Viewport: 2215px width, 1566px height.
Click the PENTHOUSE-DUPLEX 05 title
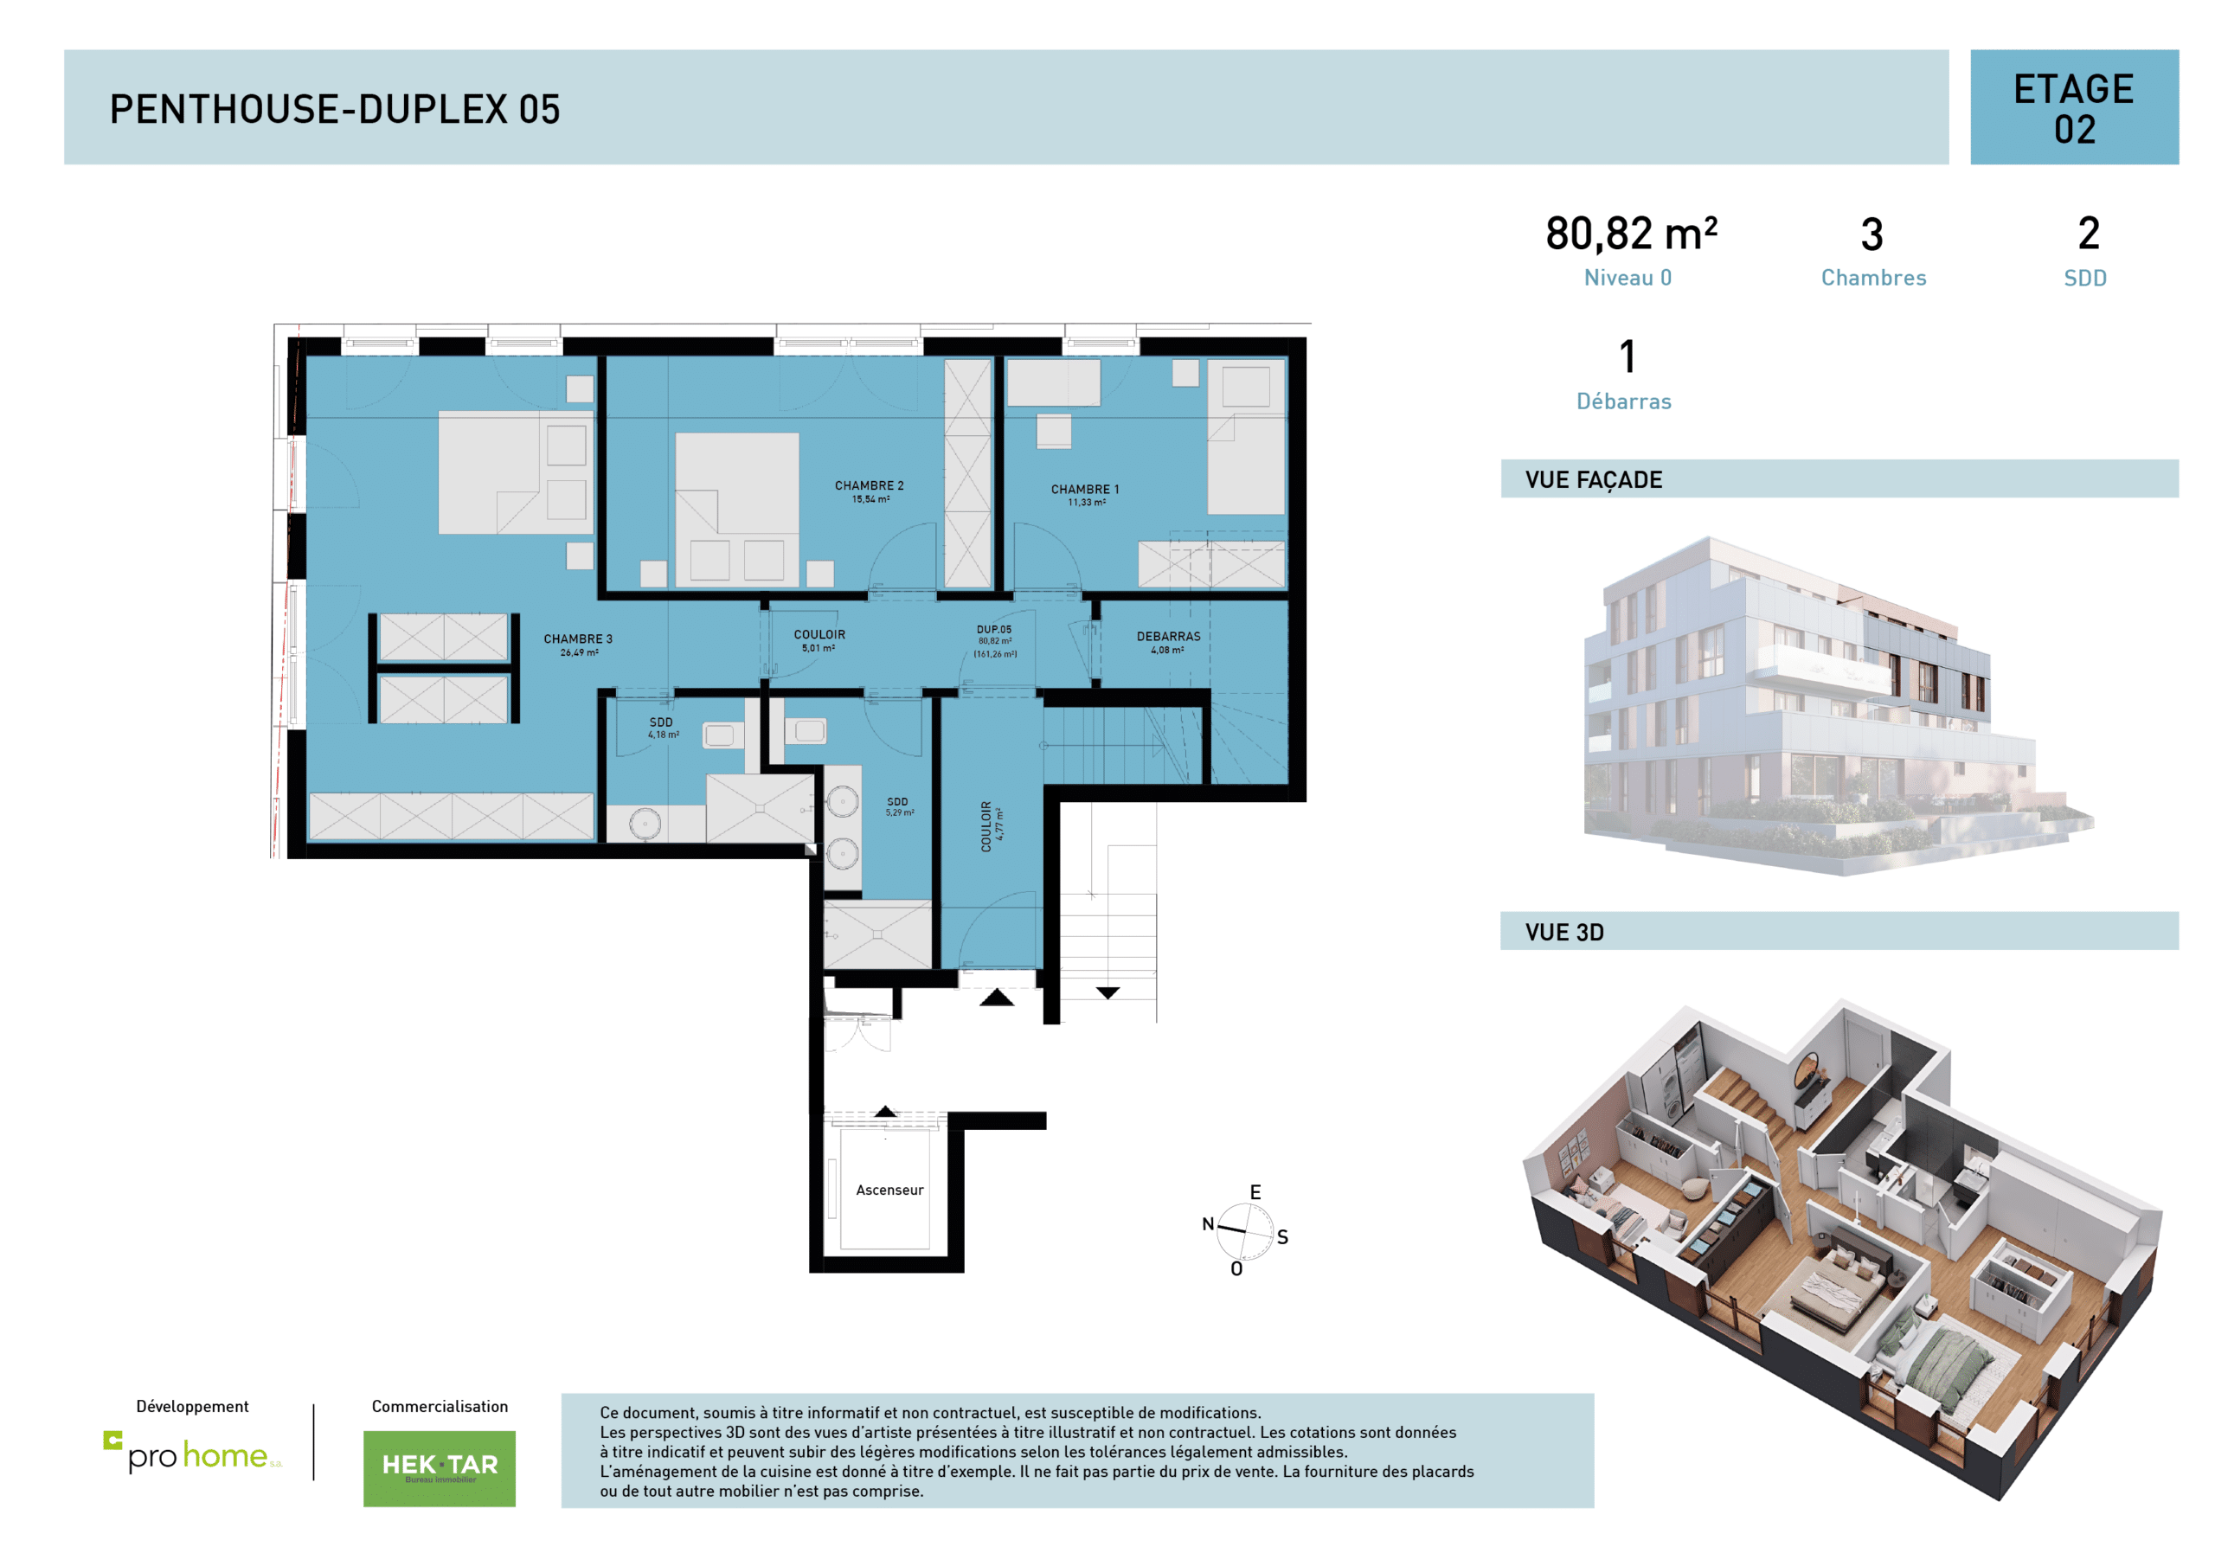click(335, 109)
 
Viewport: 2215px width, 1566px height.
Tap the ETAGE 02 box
click(2073, 108)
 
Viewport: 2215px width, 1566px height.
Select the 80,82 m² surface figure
click(1630, 234)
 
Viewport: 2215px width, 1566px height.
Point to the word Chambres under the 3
click(1872, 278)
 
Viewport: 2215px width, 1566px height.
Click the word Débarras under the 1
click(1624, 401)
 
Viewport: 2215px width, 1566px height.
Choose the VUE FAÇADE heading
click(1594, 479)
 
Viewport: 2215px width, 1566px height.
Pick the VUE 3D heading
click(1563, 932)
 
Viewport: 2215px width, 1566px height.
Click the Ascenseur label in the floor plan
click(889, 1190)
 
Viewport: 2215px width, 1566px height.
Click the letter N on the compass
click(1207, 1223)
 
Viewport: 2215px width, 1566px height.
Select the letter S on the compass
click(1282, 1236)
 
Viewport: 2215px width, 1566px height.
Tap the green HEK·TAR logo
click(439, 1467)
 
